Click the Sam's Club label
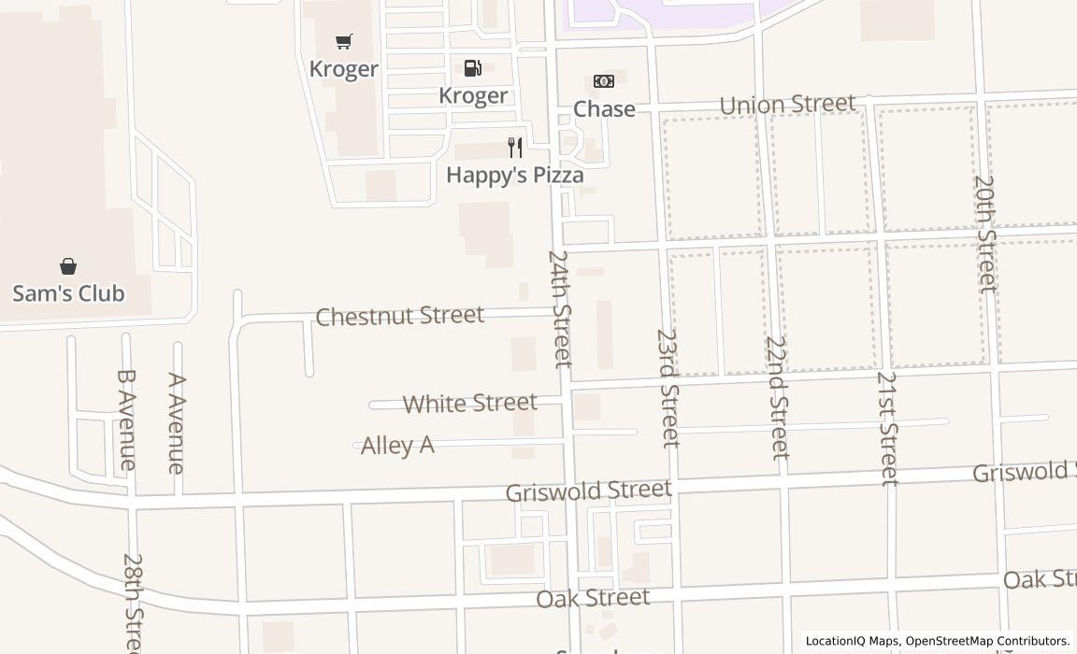pos(68,293)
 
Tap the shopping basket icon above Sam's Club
pos(68,266)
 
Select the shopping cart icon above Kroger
pos(344,41)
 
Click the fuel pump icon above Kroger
pos(473,68)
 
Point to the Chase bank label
pos(604,109)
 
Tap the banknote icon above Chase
pos(604,81)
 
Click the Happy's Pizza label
pos(515,175)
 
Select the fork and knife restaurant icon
pos(515,147)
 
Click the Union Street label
pos(787,104)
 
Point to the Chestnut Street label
pos(400,316)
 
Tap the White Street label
pos(470,404)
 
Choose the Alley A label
pos(397,446)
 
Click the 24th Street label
pos(560,308)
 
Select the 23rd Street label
pos(668,387)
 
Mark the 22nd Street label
pos(776,397)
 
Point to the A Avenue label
pos(176,423)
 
